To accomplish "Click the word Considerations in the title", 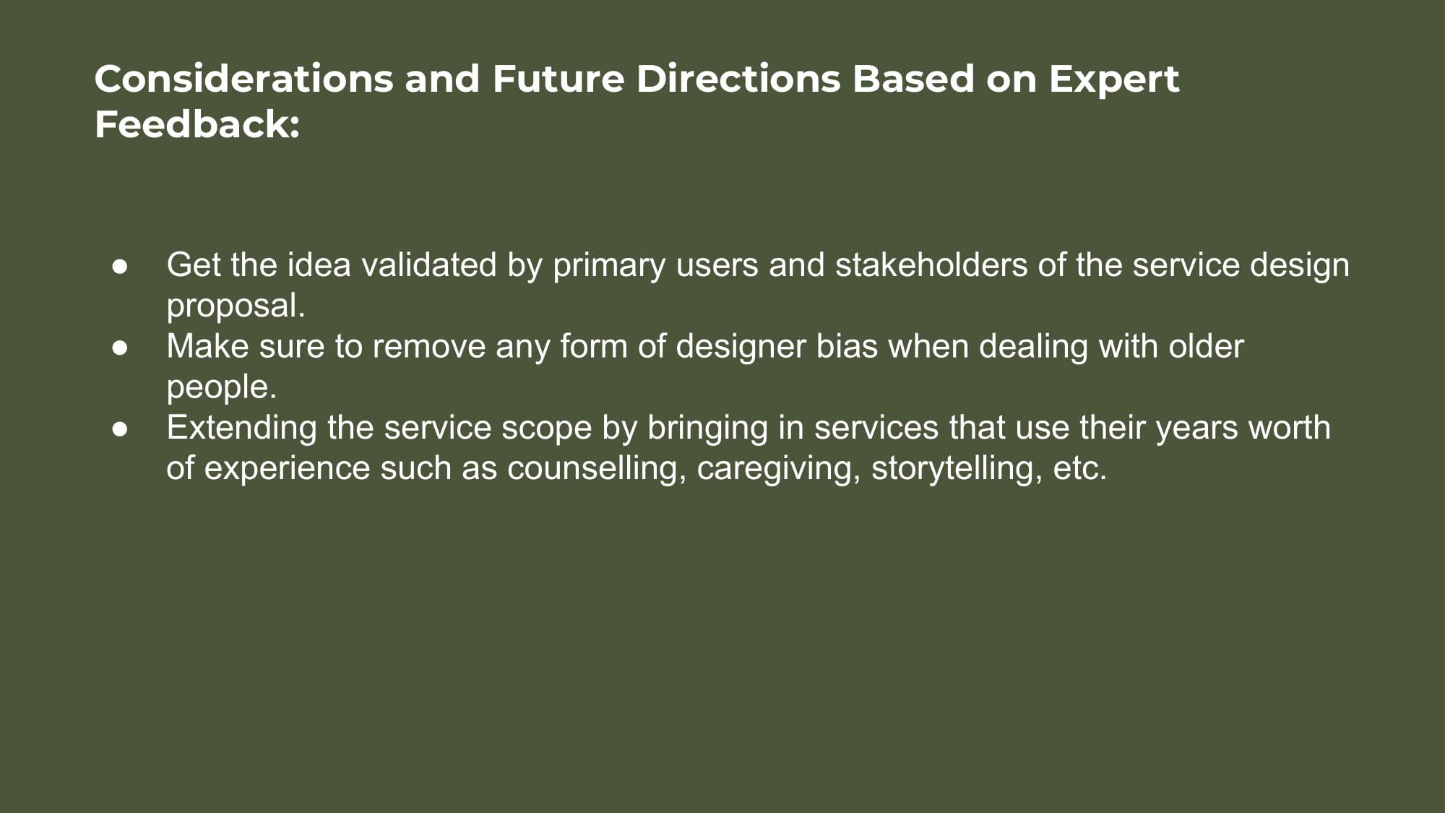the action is (x=244, y=79).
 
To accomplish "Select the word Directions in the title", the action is (x=738, y=79).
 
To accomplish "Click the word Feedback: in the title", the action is (x=197, y=124).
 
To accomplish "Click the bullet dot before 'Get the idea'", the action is (x=120, y=266).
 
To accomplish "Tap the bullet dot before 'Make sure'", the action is (x=120, y=348).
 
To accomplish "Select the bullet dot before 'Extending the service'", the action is (x=120, y=429).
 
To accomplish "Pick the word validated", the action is (x=429, y=264).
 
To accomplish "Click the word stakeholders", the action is (x=931, y=264).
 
